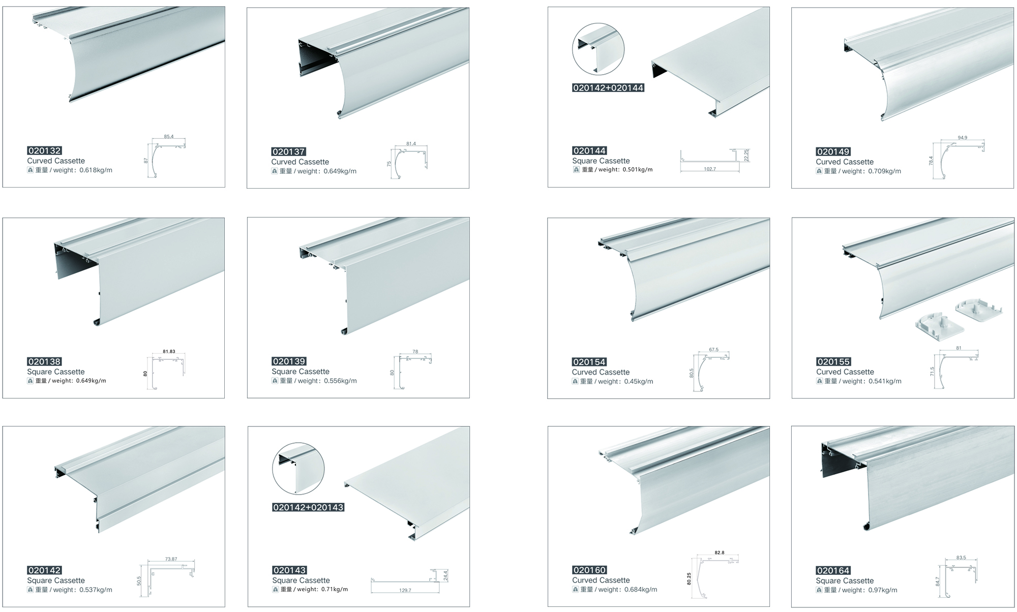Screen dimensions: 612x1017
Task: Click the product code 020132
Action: (44, 150)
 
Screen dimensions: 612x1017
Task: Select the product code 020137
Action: (288, 151)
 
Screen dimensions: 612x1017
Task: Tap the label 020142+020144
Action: (608, 88)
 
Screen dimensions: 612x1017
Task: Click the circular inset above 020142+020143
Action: (298, 468)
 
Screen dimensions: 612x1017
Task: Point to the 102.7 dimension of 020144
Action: (710, 169)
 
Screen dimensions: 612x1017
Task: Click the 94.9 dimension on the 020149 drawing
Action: (962, 138)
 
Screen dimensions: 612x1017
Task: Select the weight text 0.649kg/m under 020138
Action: (91, 381)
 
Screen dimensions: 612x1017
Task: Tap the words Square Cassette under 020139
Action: (300, 372)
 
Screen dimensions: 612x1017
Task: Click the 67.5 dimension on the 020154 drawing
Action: (713, 350)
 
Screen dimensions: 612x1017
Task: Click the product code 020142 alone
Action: (44, 570)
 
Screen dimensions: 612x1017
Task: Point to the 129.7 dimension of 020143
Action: (405, 590)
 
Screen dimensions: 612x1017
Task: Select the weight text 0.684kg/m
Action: (640, 590)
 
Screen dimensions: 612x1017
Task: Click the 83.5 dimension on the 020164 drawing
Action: (961, 558)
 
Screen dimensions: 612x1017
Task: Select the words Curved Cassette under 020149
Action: (845, 162)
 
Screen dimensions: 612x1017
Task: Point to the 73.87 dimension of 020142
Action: (171, 559)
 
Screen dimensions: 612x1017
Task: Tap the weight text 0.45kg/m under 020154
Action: (639, 381)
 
